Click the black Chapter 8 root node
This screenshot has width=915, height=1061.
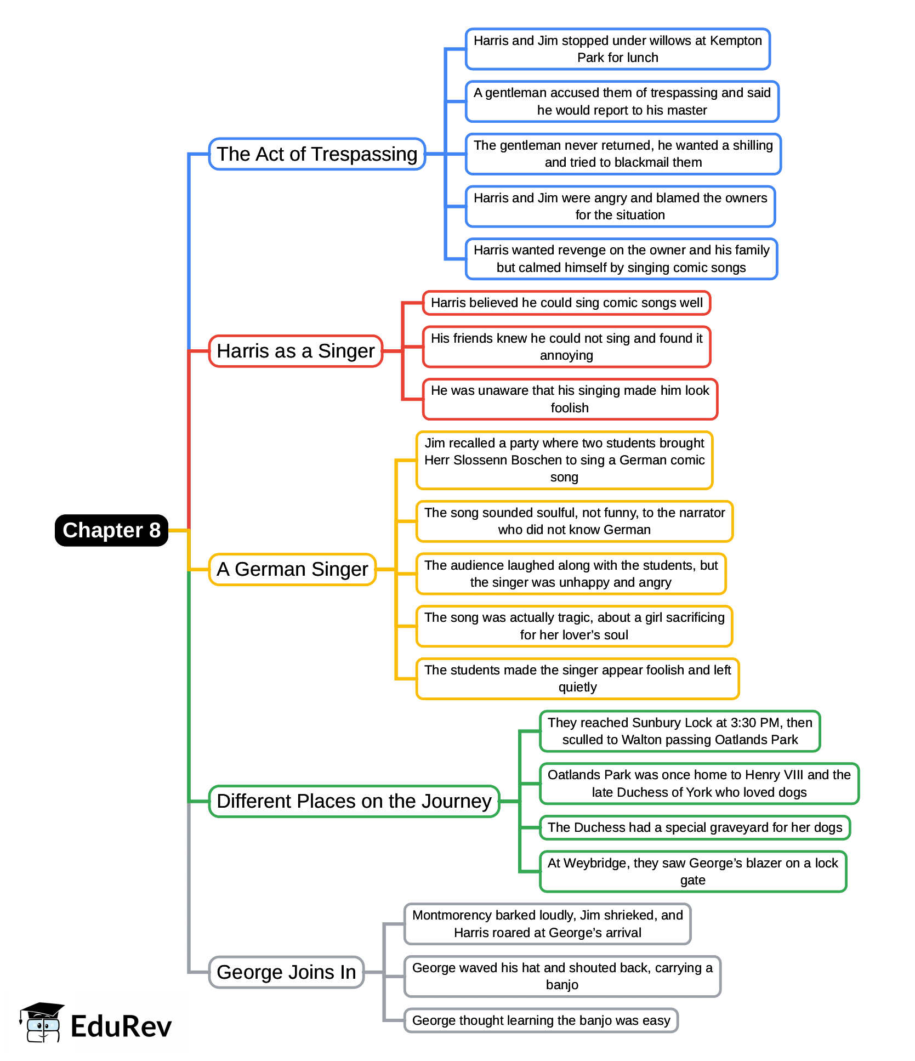[x=111, y=530]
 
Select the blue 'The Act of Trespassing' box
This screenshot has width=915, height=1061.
[x=317, y=154]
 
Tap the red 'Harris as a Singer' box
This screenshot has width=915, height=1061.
[x=295, y=351]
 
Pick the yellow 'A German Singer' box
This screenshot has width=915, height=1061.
[x=292, y=569]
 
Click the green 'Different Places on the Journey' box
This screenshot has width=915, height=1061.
[x=354, y=801]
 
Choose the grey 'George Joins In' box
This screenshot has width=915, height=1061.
[x=286, y=972]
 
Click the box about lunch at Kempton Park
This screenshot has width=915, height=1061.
[x=617, y=49]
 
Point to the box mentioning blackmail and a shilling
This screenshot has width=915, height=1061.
[x=623, y=154]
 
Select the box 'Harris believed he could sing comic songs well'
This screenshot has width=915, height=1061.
[x=566, y=303]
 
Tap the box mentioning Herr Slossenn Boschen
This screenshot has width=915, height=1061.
[x=564, y=459]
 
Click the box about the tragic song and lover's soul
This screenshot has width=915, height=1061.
[x=574, y=626]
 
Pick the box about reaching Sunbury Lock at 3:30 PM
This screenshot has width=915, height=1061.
[x=679, y=731]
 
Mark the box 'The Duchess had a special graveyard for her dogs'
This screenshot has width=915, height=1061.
[x=695, y=827]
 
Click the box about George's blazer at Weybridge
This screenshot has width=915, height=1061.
[x=692, y=871]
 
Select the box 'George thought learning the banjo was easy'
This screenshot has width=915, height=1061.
[x=541, y=1020]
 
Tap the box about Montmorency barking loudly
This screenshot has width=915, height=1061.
[x=547, y=924]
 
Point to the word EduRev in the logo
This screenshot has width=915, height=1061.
[x=121, y=1026]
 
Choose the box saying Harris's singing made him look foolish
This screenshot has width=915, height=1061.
[x=570, y=399]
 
